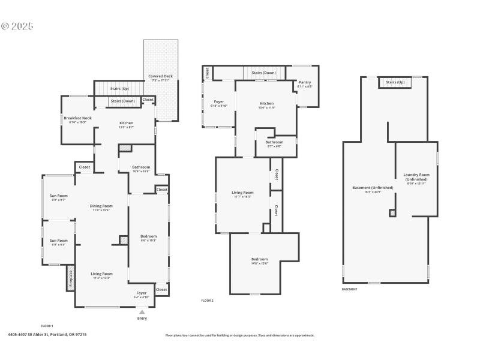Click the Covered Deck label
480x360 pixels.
160,77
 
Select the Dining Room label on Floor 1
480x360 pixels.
101,206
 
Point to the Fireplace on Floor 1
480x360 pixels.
70,277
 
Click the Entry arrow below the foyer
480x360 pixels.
142,311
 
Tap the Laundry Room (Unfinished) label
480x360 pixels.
416,177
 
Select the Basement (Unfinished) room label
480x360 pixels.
373,188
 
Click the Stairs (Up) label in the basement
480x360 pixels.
395,82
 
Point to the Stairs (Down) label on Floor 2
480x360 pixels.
263,73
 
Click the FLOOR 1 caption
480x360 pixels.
47,326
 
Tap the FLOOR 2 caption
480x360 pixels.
207,300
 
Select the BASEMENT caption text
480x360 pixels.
349,289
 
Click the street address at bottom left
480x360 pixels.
47,335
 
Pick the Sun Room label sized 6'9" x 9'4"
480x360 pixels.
59,240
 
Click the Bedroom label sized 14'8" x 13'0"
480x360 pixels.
259,259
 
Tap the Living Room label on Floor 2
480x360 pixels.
242,193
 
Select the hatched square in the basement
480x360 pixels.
392,212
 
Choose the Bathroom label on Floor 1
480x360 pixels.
141,167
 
